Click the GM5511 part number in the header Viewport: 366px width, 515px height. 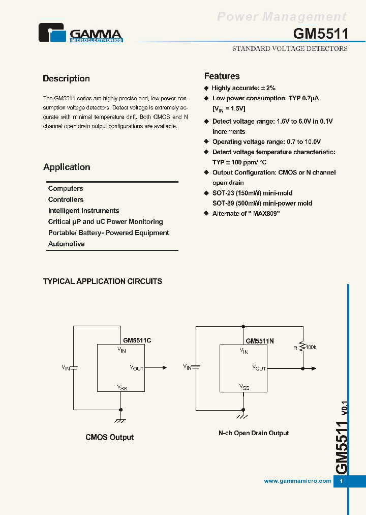[320, 34]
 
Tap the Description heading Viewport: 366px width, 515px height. [66, 78]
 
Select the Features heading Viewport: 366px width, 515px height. [222, 76]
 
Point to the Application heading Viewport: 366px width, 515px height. [67, 167]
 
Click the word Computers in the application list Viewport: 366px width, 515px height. [66, 188]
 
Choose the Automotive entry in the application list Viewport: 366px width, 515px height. [66, 244]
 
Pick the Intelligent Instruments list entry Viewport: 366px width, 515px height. [83, 211]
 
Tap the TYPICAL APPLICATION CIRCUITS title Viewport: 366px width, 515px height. [103, 281]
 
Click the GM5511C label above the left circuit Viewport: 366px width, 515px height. [137, 340]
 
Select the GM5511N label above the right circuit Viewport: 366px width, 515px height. [260, 341]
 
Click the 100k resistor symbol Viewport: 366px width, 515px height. [302, 347]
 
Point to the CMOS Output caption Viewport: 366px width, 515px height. [109, 437]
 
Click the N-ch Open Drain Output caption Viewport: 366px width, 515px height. [254, 433]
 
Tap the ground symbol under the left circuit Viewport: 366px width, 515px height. [120, 420]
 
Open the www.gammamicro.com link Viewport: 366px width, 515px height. [297, 481]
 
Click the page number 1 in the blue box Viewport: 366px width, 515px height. [341, 481]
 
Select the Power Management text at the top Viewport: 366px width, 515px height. [282, 17]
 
